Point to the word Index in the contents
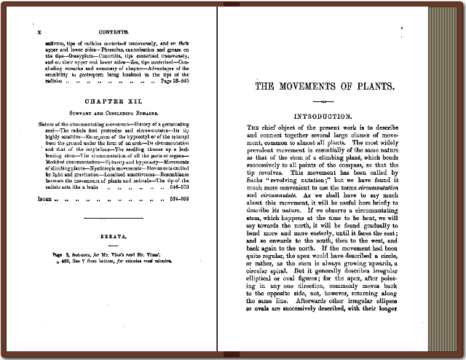click(45, 197)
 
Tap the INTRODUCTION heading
click(327, 116)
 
